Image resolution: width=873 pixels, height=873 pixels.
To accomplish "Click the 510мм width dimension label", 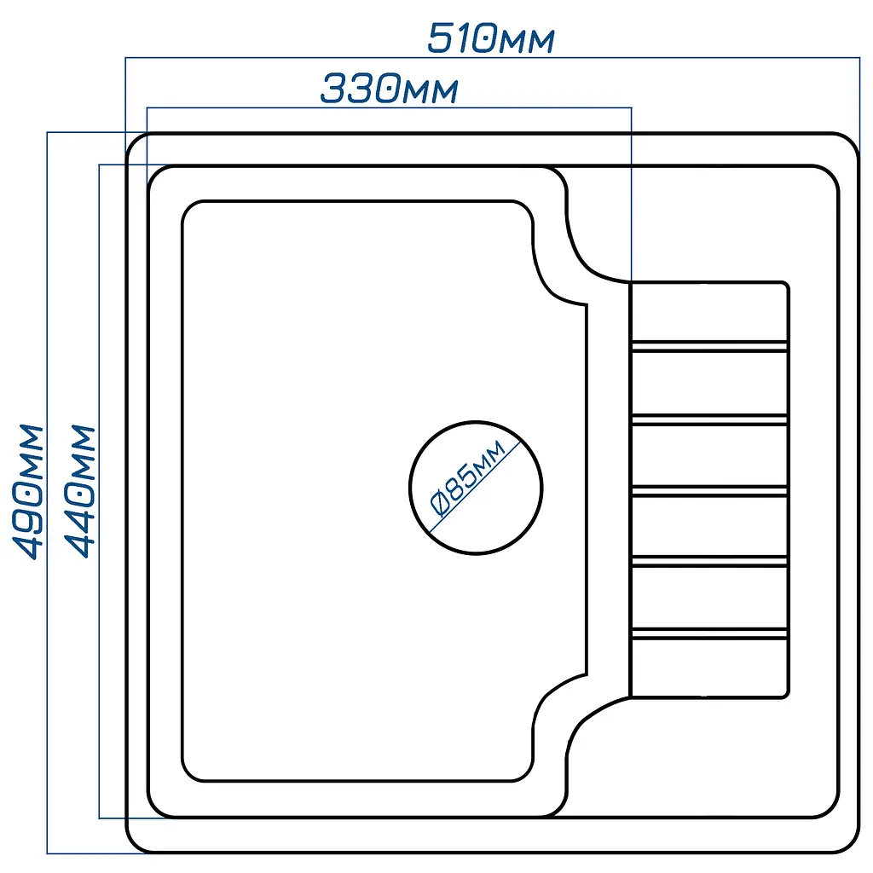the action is point(491,38).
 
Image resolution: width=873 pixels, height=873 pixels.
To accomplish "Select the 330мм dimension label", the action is point(389,88).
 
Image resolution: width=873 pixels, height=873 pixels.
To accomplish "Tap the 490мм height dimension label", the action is point(27,492).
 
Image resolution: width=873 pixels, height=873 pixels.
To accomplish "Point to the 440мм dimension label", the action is point(79,492).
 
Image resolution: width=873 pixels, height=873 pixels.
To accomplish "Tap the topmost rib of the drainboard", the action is point(709,346).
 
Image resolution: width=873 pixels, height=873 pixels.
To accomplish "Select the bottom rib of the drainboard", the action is point(709,633).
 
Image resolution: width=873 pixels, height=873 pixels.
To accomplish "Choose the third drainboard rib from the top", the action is point(709,491).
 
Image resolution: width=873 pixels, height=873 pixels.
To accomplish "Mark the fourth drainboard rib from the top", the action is point(709,561).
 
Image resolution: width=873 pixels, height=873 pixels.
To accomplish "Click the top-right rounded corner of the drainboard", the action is point(787,285).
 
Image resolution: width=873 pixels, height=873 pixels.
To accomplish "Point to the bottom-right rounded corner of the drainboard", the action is point(787,695).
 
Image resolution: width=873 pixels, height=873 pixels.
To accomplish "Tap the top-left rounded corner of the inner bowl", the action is point(188,207).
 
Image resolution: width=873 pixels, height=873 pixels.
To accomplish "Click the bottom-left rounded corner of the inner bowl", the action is point(188,774).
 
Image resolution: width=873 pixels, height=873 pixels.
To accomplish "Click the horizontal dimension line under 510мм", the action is point(493,57).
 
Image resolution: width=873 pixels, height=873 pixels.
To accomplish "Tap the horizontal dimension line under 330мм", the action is point(389,108).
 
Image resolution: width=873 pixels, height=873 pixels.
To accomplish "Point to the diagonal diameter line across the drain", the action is point(475,487).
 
